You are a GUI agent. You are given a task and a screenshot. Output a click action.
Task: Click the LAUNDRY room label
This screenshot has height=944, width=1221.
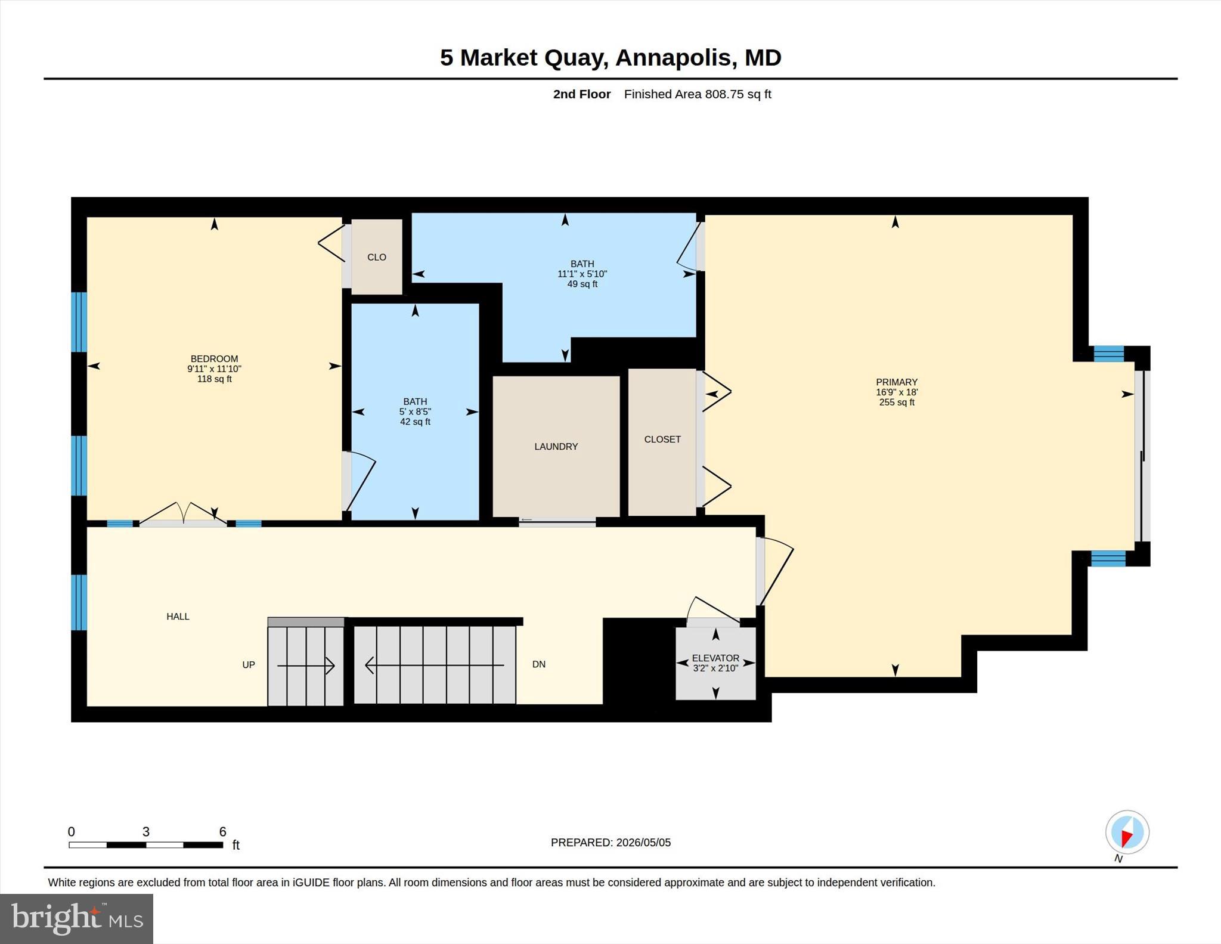(556, 447)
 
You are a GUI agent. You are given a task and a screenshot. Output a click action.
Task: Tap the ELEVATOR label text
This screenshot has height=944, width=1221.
(715, 658)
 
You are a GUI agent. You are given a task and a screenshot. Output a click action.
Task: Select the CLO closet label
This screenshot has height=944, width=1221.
(377, 257)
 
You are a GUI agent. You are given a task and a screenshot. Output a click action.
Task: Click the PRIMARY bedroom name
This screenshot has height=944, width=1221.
(897, 382)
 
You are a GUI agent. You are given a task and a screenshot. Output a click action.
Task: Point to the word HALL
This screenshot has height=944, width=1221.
(178, 617)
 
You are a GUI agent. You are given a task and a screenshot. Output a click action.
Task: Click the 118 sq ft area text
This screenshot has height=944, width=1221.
(215, 379)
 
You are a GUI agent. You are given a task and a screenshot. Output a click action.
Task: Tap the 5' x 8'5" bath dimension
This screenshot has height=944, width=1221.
(415, 412)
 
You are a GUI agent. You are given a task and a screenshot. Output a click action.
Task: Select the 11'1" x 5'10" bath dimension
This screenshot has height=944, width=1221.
(582, 274)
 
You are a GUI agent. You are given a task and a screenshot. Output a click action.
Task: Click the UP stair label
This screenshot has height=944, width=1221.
(249, 665)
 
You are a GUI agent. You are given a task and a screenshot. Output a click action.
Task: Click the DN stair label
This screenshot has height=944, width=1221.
(539, 664)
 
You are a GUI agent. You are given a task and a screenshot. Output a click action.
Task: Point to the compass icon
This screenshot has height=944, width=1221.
(1127, 832)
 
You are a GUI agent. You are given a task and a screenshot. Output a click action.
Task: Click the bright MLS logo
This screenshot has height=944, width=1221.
(77, 918)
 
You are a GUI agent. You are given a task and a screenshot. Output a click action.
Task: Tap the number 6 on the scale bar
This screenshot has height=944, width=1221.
(222, 832)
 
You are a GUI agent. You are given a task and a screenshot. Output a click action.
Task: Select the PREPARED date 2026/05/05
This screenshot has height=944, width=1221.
(643, 843)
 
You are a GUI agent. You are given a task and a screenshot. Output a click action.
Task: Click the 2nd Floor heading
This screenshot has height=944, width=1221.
(582, 94)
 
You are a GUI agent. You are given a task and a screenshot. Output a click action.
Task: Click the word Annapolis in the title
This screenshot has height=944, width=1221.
(673, 58)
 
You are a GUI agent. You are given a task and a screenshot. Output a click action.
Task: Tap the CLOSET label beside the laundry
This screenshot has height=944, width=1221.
(662, 439)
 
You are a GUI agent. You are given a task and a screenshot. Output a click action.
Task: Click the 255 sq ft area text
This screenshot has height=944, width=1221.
(897, 403)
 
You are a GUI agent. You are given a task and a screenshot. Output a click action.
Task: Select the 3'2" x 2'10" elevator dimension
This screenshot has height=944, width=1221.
(715, 668)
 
